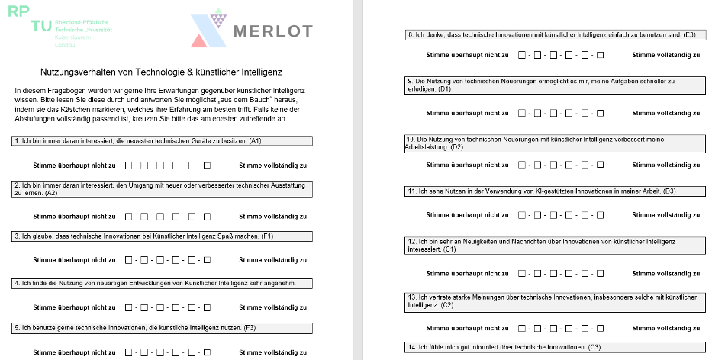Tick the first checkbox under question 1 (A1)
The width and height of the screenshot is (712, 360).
coord(129,166)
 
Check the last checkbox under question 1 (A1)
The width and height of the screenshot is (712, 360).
coord(207,166)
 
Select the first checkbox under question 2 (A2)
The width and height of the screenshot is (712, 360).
coord(129,216)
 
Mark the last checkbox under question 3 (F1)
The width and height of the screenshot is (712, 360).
coord(207,259)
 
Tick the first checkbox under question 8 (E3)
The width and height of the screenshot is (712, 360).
coord(522,55)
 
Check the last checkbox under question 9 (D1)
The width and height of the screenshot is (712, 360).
coord(600,113)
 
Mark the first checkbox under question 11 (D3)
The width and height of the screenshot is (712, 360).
coord(522,217)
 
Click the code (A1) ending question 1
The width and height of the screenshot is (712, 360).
coord(256,141)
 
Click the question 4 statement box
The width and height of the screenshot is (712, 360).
coord(163,284)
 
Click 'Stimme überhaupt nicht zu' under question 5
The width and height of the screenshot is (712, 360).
coord(74,352)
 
